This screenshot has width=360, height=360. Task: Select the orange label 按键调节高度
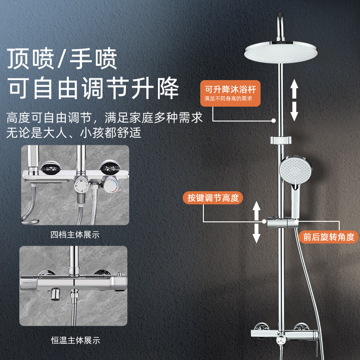pyautogui.click(x=212, y=198)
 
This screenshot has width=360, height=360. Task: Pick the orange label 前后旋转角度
pyautogui.click(x=328, y=237)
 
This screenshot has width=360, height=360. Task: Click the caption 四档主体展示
pyautogui.click(x=75, y=234)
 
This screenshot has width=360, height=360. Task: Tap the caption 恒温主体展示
pyautogui.click(x=75, y=341)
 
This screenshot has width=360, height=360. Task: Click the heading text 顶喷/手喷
pyautogui.click(x=62, y=58)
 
